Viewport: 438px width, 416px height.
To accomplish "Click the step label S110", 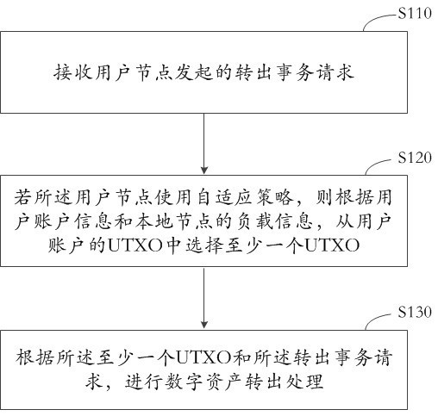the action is tap(415, 13).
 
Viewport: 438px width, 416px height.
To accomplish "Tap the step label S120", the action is tap(415, 158).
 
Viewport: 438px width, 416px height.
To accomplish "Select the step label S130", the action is tap(415, 312).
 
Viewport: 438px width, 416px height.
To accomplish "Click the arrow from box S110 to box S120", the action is tap(204, 144).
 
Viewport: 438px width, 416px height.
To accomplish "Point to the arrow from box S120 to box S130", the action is tap(204, 298).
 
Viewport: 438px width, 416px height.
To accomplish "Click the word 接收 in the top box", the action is tap(73, 72).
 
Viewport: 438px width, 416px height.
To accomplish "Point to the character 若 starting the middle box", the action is tap(23, 198).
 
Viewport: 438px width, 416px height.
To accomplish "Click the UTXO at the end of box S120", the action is tap(332, 246).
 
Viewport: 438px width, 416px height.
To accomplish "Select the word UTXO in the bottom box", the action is tap(203, 358).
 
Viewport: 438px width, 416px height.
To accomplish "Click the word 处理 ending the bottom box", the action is tap(304, 382).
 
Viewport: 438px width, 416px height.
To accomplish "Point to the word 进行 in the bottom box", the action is tap(143, 382).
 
